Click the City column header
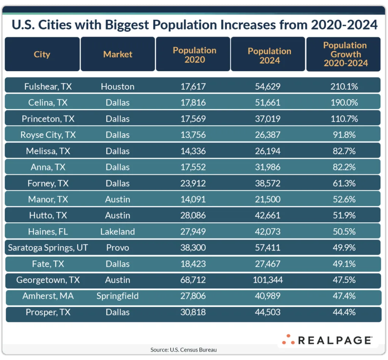click(x=42, y=54)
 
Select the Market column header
click(x=118, y=54)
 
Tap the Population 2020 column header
click(x=194, y=55)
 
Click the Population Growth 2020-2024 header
click(x=345, y=54)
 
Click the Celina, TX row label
click(x=48, y=102)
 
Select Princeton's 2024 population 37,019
click(x=268, y=119)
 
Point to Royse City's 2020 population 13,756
click(x=193, y=135)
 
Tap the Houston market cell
click(x=117, y=86)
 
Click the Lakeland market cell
click(x=117, y=232)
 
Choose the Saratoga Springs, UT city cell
click(x=48, y=248)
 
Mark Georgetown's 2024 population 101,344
click(x=268, y=280)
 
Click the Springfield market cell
click(x=117, y=296)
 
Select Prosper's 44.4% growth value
click(x=344, y=312)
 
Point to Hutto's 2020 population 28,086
click(x=193, y=215)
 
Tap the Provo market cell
click(x=117, y=248)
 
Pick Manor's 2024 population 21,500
click(x=268, y=199)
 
